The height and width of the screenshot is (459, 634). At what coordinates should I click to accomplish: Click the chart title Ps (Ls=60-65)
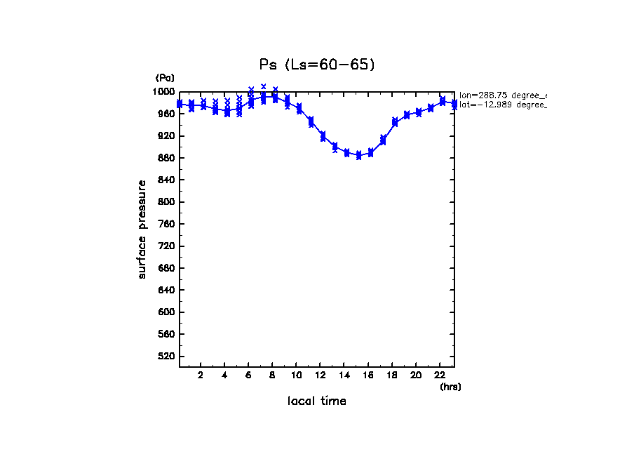pyautogui.click(x=317, y=65)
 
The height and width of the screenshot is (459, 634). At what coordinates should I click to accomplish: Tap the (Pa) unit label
pyautogui.click(x=165, y=78)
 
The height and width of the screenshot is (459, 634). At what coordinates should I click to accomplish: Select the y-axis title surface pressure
pyautogui.click(x=142, y=229)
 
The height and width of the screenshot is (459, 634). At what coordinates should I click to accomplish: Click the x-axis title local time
pyautogui.click(x=317, y=401)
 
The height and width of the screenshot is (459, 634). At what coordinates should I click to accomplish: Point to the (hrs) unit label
pyautogui.click(x=450, y=387)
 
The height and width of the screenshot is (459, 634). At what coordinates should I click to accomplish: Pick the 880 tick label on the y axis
pyautogui.click(x=166, y=158)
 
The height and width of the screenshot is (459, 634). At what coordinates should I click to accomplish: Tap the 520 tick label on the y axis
pyautogui.click(x=166, y=357)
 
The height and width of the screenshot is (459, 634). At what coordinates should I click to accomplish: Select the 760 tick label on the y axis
pyautogui.click(x=166, y=224)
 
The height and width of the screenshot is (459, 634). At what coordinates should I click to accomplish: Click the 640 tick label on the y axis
pyautogui.click(x=166, y=291)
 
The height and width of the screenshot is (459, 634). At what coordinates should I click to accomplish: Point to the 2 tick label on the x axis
pyautogui.click(x=201, y=375)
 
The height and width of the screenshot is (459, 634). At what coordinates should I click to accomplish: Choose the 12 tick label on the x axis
pyautogui.click(x=320, y=375)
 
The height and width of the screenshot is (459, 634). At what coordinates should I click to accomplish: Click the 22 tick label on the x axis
pyautogui.click(x=440, y=375)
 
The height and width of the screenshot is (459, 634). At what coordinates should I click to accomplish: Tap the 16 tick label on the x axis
pyautogui.click(x=368, y=375)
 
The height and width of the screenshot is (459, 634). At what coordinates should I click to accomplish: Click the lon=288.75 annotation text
pyautogui.click(x=501, y=95)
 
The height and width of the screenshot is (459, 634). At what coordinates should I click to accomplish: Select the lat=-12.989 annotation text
pyautogui.click(x=501, y=105)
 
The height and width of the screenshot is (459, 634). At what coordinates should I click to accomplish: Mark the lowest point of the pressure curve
pyautogui.click(x=358, y=155)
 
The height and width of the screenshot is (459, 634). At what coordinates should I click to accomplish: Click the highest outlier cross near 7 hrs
pyautogui.click(x=263, y=86)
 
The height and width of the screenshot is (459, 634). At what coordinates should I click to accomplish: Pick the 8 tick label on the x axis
pyautogui.click(x=272, y=375)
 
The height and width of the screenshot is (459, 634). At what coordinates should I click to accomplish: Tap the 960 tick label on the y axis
pyautogui.click(x=166, y=114)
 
